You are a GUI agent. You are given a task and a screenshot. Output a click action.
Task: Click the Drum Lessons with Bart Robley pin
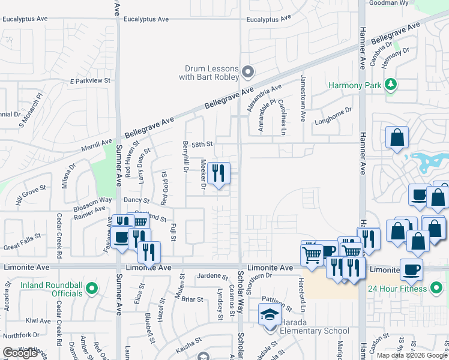(248, 73)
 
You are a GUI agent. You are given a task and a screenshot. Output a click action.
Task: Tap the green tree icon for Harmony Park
(392, 85)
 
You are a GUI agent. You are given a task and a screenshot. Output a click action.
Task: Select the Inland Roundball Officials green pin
(91, 289)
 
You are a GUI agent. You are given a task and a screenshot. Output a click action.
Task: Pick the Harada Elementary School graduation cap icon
(269, 315)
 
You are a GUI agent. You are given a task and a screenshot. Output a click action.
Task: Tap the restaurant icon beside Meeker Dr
(219, 175)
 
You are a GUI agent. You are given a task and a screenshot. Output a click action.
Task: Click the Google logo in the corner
(20, 353)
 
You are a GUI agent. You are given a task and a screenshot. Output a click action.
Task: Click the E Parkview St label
(91, 80)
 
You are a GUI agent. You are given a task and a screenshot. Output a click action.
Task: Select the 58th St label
(202, 144)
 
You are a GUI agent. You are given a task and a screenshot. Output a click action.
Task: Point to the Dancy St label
(136, 199)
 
